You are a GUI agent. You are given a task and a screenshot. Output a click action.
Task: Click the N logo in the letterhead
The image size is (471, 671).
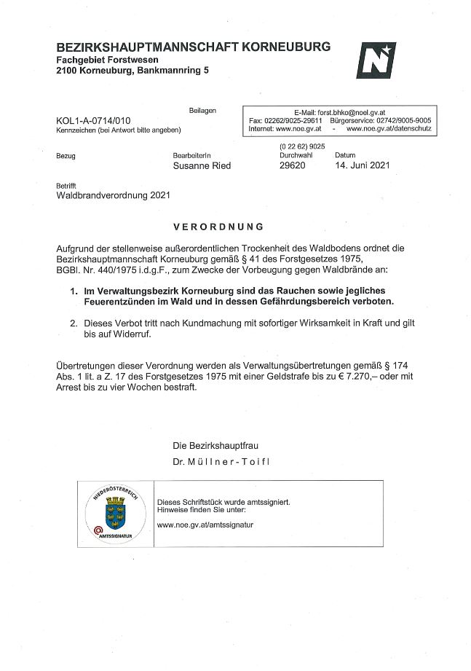pyautogui.click(x=376, y=60)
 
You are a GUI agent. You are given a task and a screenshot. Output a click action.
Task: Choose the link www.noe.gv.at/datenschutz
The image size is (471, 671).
pyautogui.click(x=389, y=128)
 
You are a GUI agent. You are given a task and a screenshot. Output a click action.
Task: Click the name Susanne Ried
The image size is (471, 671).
pyautogui.click(x=202, y=165)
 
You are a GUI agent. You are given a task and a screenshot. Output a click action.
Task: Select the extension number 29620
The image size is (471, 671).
pyautogui.click(x=293, y=165)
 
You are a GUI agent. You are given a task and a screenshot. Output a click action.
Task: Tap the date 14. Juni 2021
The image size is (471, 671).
pyautogui.click(x=362, y=165)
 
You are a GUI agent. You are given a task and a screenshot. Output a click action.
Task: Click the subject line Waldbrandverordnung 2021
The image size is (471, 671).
pyautogui.click(x=113, y=195)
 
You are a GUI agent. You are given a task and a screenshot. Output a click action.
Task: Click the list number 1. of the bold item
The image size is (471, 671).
pyautogui.click(x=74, y=291)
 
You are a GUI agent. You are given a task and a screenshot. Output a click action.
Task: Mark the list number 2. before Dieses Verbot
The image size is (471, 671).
pyautogui.click(x=74, y=322)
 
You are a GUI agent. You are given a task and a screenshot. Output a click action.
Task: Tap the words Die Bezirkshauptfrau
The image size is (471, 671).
pyautogui.click(x=215, y=445)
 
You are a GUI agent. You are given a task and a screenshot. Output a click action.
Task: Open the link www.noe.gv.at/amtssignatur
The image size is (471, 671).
pyautogui.click(x=205, y=525)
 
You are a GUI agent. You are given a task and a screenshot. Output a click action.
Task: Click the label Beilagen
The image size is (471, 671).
pyautogui.click(x=202, y=110)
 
